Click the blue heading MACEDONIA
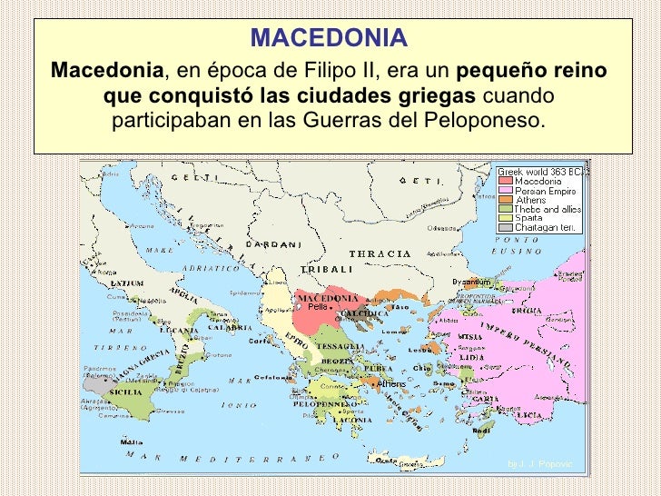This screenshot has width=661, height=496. click(330, 38)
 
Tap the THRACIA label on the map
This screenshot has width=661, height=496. click(374, 253)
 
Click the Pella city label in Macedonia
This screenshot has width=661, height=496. click(317, 306)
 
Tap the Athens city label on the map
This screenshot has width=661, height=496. click(391, 383)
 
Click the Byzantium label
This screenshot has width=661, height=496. click(471, 282)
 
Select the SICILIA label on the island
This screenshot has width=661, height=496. click(125, 392)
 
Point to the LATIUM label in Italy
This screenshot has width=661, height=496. click(126, 283)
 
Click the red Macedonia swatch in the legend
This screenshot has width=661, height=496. click(505, 181)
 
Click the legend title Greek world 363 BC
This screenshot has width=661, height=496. click(541, 172)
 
